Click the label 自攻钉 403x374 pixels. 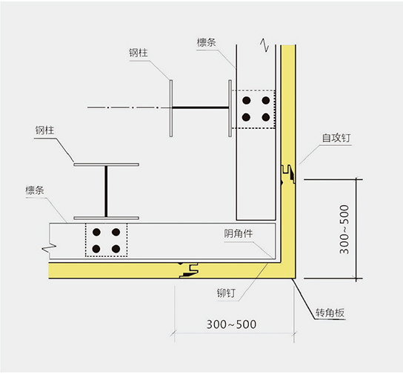tap(336, 138)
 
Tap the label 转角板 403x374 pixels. tap(330, 313)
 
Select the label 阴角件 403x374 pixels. tap(239, 233)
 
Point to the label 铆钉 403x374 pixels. tap(226, 293)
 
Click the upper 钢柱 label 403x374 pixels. tap(139, 53)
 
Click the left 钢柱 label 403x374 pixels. tap(44, 130)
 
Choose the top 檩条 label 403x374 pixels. tap(207, 42)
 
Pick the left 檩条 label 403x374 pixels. tap(35, 190)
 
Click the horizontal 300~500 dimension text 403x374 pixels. tap(231, 324)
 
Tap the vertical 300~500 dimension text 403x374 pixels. tap(344, 230)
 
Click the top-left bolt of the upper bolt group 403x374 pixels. tap(247, 100)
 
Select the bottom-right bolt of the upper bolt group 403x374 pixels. tap(266, 118)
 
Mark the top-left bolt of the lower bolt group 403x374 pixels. tap(96, 232)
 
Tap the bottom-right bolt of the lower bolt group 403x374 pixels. tap(116, 249)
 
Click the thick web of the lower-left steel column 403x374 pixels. tap(106, 191)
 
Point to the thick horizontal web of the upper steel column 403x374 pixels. tap(201, 107)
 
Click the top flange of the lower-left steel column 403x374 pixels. tap(107, 164)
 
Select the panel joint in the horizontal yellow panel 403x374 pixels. tap(189, 270)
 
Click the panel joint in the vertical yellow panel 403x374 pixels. tap(288, 174)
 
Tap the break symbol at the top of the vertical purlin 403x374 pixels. tap(264, 45)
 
